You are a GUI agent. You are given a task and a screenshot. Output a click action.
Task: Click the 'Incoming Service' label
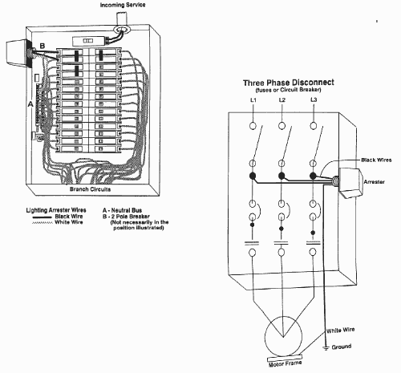pyautogui.click(x=123, y=5)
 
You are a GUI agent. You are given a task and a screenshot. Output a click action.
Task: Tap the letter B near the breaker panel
pyautogui.click(x=43, y=46)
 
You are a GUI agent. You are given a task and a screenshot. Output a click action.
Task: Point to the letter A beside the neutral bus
pyautogui.click(x=30, y=104)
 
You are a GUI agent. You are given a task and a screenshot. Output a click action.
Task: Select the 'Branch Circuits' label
pyautogui.click(x=90, y=189)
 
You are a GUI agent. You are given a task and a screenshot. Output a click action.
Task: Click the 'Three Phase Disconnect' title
pyautogui.click(x=289, y=83)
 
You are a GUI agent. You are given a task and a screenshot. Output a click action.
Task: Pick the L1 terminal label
pyautogui.click(x=253, y=100)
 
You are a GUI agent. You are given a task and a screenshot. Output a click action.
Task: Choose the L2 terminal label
pyautogui.click(x=282, y=99)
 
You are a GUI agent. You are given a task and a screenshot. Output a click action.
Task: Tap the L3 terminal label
pyautogui.click(x=314, y=99)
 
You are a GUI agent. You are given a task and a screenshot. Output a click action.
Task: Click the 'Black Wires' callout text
pyautogui.click(x=376, y=160)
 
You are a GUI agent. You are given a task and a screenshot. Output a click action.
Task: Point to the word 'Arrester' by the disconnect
pyautogui.click(x=374, y=182)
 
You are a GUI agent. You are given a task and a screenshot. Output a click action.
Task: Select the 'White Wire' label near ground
pyautogui.click(x=340, y=330)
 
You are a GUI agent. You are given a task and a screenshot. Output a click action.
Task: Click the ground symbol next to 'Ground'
pyautogui.click(x=326, y=348)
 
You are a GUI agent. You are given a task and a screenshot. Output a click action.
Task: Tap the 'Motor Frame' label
pyautogui.click(x=285, y=363)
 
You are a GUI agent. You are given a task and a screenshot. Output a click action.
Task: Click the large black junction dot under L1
pyautogui.click(x=253, y=176)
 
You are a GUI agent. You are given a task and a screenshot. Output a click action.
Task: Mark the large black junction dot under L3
pyautogui.click(x=313, y=176)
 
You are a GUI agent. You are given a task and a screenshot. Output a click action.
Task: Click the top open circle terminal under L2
pyautogui.click(x=282, y=125)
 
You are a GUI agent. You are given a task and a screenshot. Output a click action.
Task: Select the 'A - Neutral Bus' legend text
pyautogui.click(x=122, y=210)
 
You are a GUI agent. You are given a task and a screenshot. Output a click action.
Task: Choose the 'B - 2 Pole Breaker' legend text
pyautogui.click(x=126, y=217)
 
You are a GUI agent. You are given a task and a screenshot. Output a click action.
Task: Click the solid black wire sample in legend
pyautogui.click(x=42, y=217)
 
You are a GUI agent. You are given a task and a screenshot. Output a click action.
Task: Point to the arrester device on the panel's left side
pyautogui.click(x=17, y=53)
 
